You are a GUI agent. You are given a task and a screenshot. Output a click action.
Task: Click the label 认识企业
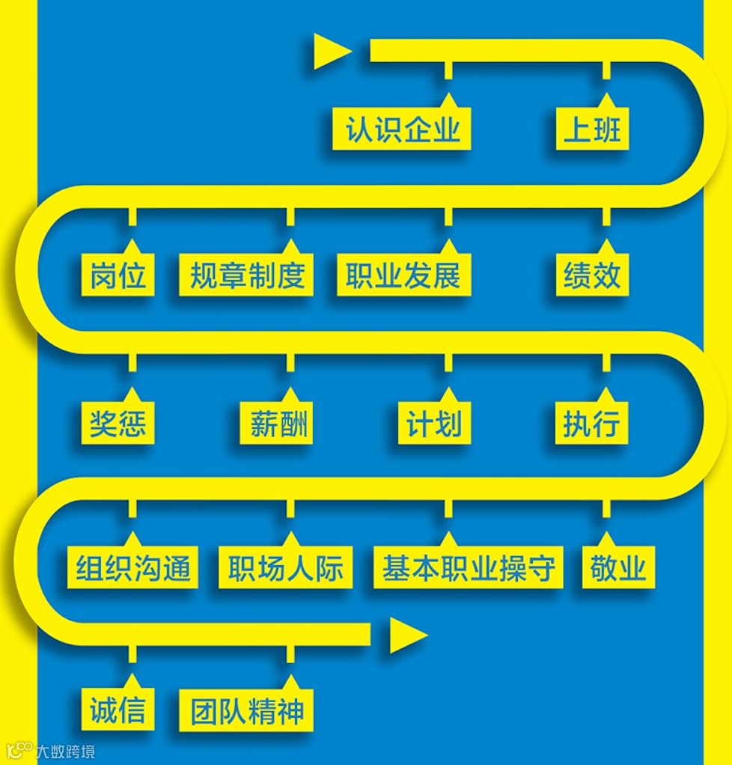click(402, 130)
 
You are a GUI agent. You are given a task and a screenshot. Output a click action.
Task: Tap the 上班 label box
click(592, 130)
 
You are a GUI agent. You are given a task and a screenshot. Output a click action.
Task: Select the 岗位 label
click(118, 276)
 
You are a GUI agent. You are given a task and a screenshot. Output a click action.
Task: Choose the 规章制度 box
click(246, 276)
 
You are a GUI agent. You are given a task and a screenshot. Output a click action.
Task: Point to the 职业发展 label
click(403, 276)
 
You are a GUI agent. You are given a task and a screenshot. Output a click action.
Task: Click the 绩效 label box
click(592, 276)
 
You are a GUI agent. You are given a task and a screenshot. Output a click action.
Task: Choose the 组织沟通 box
click(135, 568)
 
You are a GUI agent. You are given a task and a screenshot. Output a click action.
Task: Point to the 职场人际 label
click(285, 568)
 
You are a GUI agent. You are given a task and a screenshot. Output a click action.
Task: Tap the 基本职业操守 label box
click(469, 568)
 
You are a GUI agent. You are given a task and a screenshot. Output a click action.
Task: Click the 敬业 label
click(617, 568)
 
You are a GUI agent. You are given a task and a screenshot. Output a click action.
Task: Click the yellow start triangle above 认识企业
click(330, 52)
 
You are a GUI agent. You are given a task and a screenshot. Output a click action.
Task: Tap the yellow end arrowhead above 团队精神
click(406, 636)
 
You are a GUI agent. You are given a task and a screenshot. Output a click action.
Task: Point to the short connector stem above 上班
click(606, 71)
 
